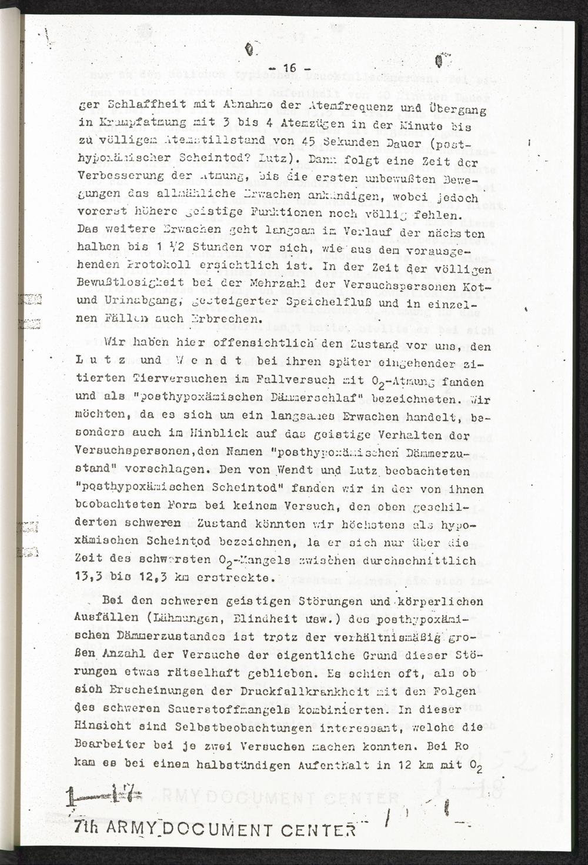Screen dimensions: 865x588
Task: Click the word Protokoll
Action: [x=142, y=266]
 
